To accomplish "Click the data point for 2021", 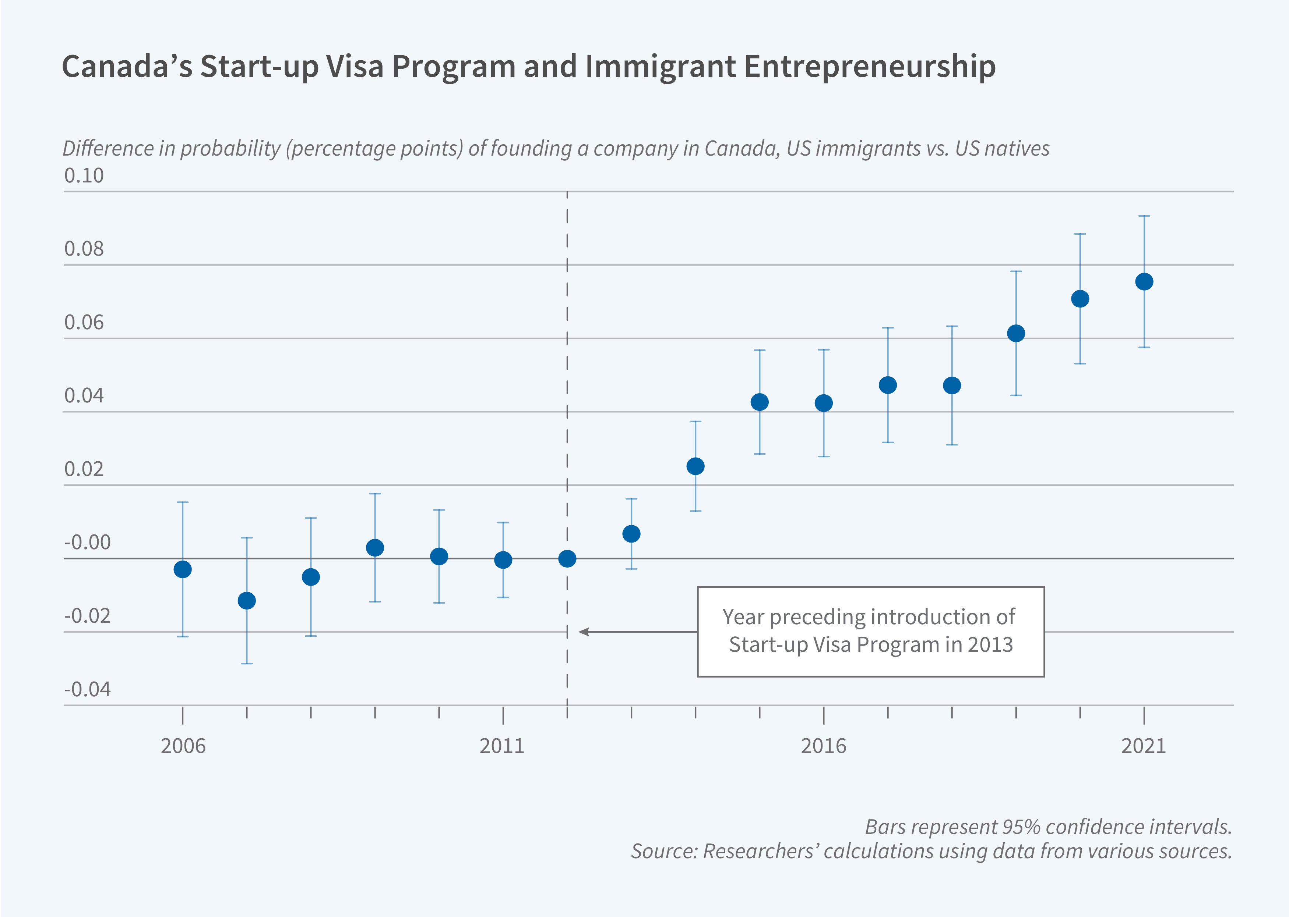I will [1144, 282].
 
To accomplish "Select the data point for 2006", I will [183, 569].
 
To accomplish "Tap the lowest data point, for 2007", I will [246, 600].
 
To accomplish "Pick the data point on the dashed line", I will [567, 558].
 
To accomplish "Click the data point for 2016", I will [823, 403].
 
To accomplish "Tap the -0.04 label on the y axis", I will [87, 689].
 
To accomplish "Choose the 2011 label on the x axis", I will [502, 746].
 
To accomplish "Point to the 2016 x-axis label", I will [823, 746].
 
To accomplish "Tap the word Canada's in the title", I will [127, 66].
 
